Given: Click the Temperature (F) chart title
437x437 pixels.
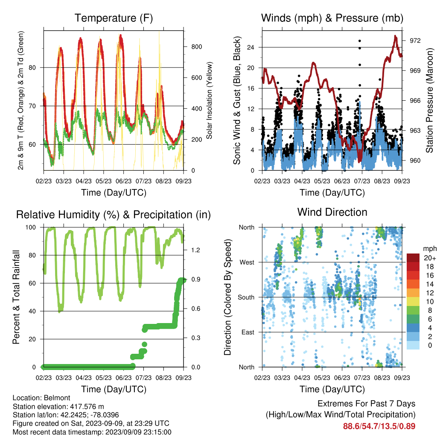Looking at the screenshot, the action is click(x=114, y=18).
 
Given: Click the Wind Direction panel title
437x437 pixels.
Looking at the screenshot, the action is click(x=332, y=212).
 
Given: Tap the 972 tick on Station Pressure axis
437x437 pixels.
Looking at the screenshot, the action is click(x=415, y=41).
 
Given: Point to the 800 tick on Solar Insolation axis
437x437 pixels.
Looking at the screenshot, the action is click(x=196, y=47).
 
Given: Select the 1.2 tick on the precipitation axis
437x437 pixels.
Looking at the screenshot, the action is click(x=195, y=250).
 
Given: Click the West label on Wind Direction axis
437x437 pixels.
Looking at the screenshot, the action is click(x=247, y=262).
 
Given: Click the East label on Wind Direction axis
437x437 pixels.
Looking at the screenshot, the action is click(x=248, y=332).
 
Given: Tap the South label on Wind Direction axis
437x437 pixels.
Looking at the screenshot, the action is click(x=246, y=297).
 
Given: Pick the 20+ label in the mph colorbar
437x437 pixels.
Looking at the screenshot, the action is click(x=430, y=258).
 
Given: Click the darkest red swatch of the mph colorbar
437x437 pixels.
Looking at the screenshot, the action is click(x=413, y=258).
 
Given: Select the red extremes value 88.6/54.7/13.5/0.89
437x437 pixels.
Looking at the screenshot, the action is click(x=379, y=426).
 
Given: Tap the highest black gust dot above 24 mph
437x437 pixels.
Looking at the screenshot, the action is click(x=360, y=41).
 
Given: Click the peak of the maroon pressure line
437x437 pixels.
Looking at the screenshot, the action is click(x=395, y=36).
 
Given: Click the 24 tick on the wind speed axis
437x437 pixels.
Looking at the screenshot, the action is click(x=251, y=47).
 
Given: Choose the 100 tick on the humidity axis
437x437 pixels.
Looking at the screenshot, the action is click(x=31, y=227).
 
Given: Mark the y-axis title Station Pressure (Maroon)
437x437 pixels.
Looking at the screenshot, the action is click(x=429, y=100).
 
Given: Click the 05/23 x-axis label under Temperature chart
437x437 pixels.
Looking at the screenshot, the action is click(x=104, y=181).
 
